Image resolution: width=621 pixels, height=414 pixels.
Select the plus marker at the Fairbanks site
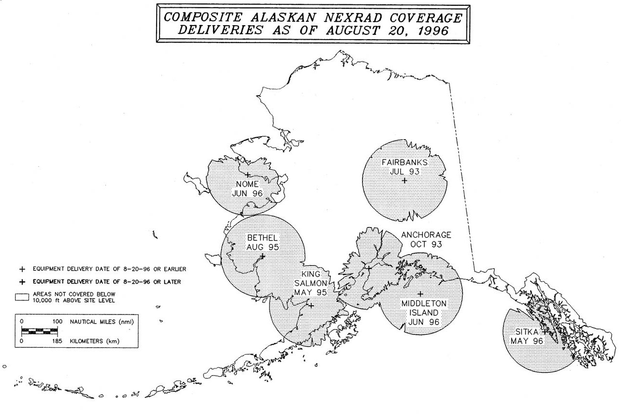pos(404,180)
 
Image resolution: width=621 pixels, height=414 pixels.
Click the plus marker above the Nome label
pos(248,175)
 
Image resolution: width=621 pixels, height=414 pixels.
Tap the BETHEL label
pos(262,238)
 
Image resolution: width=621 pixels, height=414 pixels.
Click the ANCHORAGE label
pos(426,235)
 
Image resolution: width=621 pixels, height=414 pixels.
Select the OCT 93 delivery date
pos(425,244)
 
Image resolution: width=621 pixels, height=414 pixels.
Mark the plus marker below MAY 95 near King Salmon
pos(311,305)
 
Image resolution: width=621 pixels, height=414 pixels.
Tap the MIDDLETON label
pos(424,303)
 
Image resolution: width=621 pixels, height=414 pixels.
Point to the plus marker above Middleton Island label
pos(420,293)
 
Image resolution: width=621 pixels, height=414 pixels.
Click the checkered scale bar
pos(40,331)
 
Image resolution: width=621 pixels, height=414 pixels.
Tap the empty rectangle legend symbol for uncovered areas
pos(23,297)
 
